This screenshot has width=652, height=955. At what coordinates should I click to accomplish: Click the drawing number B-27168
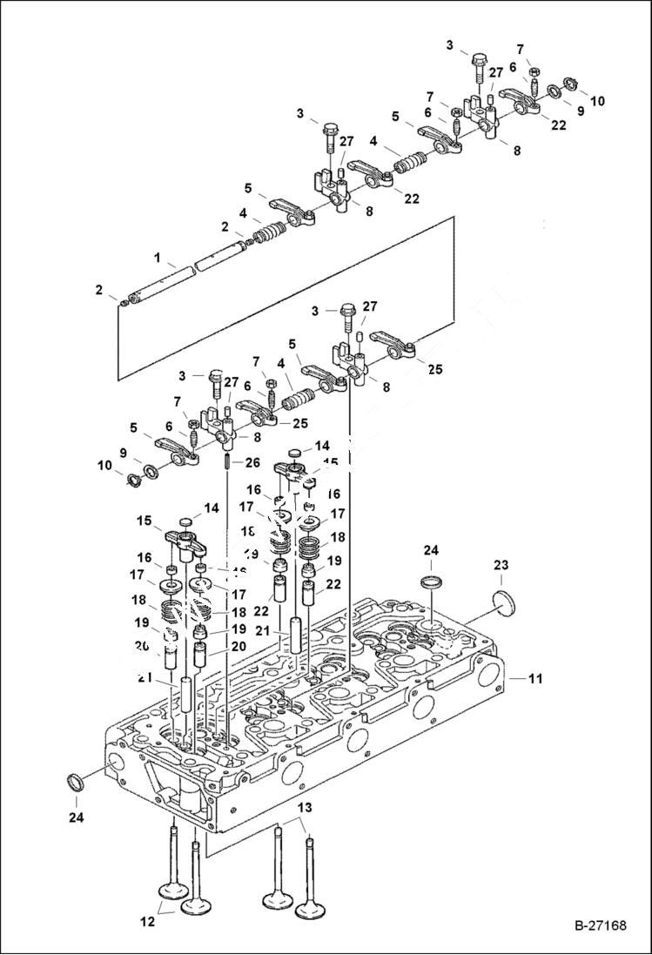(600, 925)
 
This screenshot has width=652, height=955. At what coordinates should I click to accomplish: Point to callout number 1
(157, 258)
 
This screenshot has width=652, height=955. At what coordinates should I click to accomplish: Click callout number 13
(303, 809)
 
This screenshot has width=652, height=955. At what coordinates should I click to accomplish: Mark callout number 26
(252, 461)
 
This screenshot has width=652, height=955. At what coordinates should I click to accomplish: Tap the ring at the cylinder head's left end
(76, 781)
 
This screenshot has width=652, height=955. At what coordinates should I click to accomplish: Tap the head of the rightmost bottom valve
(312, 909)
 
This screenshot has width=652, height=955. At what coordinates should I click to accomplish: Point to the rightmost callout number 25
(434, 369)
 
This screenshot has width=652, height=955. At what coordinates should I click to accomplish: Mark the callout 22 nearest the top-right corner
(558, 124)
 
